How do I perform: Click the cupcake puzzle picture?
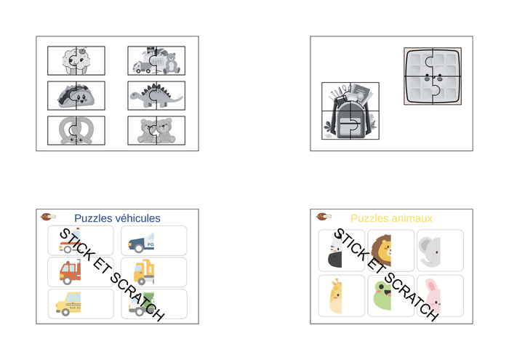76,60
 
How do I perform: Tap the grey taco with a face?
76,96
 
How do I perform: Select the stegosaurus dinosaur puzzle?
156,96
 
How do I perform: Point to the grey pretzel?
76,130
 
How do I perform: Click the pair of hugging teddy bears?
156,130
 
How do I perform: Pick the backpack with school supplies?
350,111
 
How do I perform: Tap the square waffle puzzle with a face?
433,76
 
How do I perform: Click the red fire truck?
70,272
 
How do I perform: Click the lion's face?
382,251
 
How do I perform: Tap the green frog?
382,296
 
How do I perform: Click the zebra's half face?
336,251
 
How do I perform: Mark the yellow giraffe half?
336,296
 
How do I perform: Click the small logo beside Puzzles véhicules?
48,217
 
